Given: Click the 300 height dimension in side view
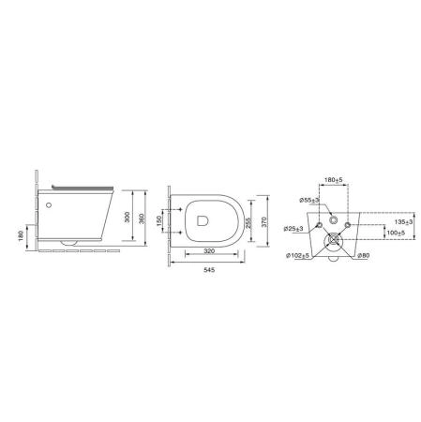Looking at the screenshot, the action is point(128,217).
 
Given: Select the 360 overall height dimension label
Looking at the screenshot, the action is point(142,218).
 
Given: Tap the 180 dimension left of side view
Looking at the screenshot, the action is point(22,236).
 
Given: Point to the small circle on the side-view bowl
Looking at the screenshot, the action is point(49,205).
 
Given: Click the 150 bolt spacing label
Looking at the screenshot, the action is point(158,221).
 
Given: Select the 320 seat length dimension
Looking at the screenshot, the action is point(209,250).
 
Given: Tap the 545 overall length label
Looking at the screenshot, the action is point(209,270).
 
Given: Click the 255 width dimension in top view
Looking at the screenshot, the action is point(248,223).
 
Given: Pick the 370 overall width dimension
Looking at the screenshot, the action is point(264,222).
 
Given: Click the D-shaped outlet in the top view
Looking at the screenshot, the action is point(203,220).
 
